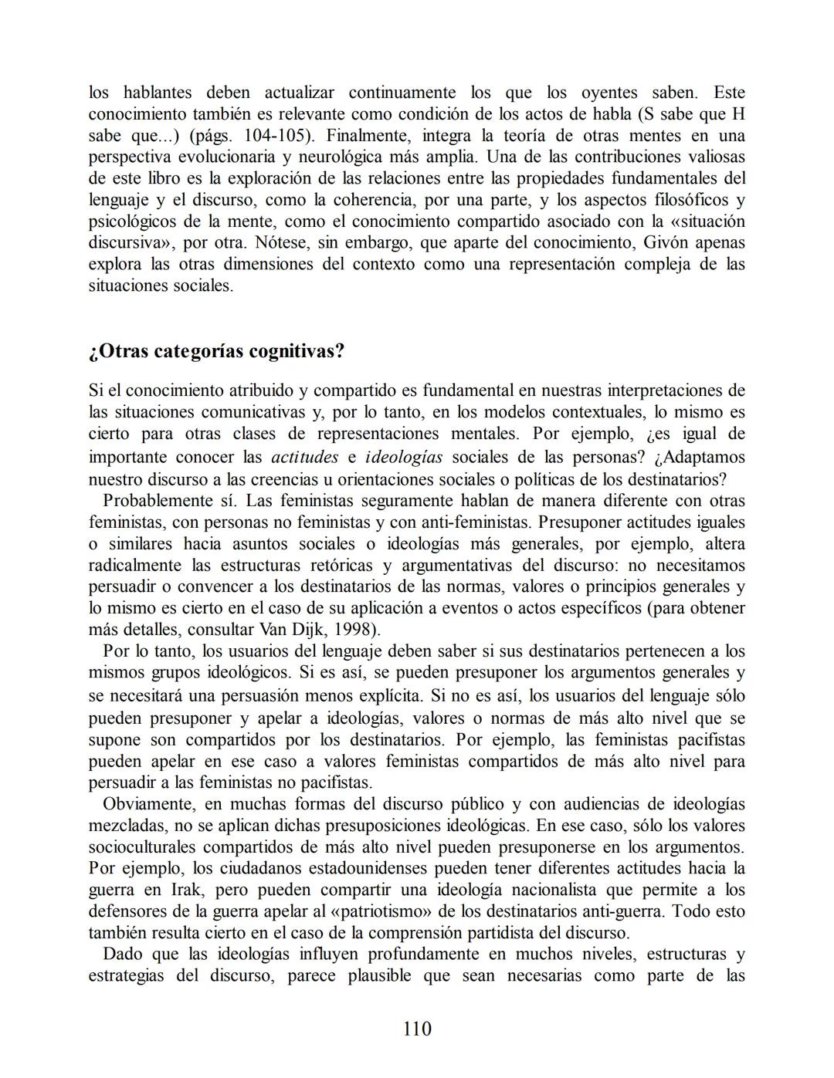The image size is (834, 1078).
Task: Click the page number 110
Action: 417,1029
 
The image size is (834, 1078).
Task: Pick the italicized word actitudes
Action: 304,457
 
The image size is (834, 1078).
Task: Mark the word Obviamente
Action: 147,803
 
